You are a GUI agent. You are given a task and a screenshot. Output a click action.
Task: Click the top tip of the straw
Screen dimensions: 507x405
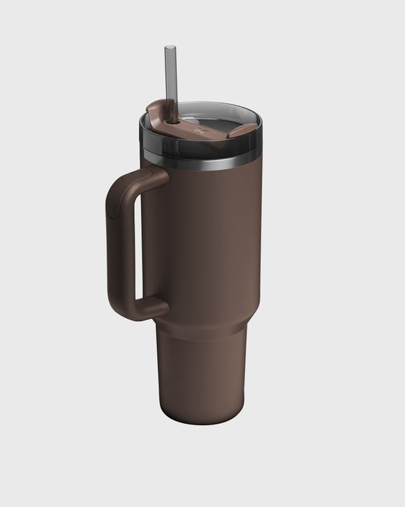click(x=170, y=48)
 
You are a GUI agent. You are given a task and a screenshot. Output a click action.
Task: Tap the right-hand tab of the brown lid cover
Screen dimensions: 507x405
click(x=242, y=129)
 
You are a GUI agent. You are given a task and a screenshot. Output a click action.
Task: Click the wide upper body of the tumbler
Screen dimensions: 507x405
click(x=209, y=238)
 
